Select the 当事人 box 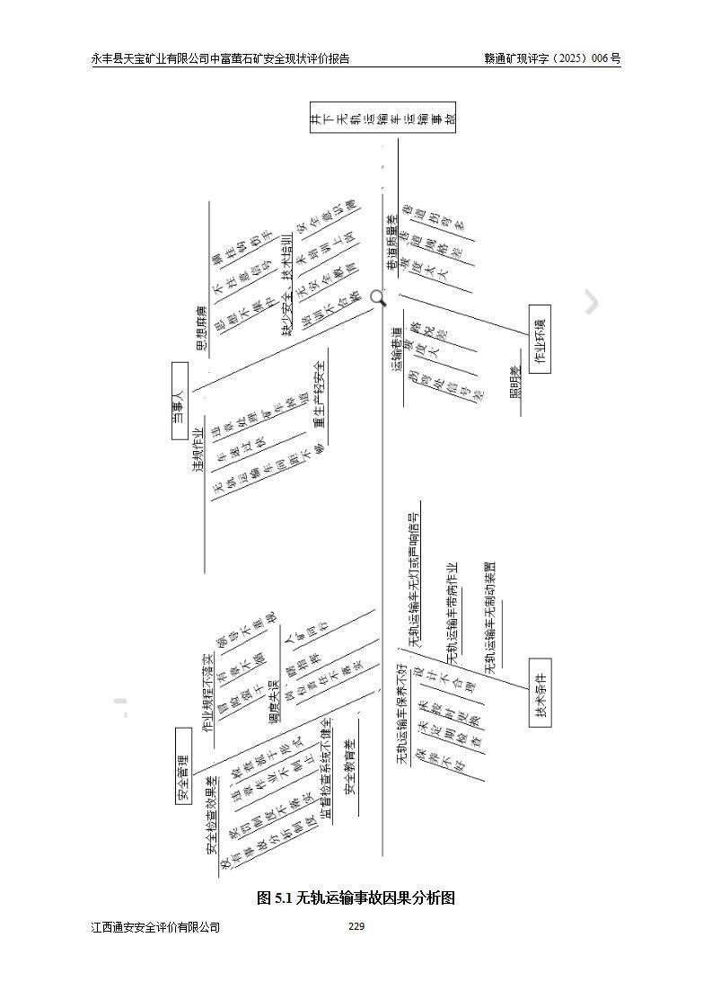pyautogui.click(x=179, y=401)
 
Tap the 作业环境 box pyautogui.click(x=539, y=339)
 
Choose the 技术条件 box pyautogui.click(x=539, y=693)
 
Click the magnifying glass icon pyautogui.click(x=378, y=298)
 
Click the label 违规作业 pyautogui.click(x=198, y=450)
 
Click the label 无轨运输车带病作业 pyautogui.click(x=452, y=615)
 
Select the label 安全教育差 pyautogui.click(x=351, y=766)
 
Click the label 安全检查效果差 pyautogui.click(x=212, y=814)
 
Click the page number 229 pyautogui.click(x=356, y=926)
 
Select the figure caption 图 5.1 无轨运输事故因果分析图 pyautogui.click(x=356, y=897)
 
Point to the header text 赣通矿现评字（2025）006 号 pyautogui.click(x=551, y=58)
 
